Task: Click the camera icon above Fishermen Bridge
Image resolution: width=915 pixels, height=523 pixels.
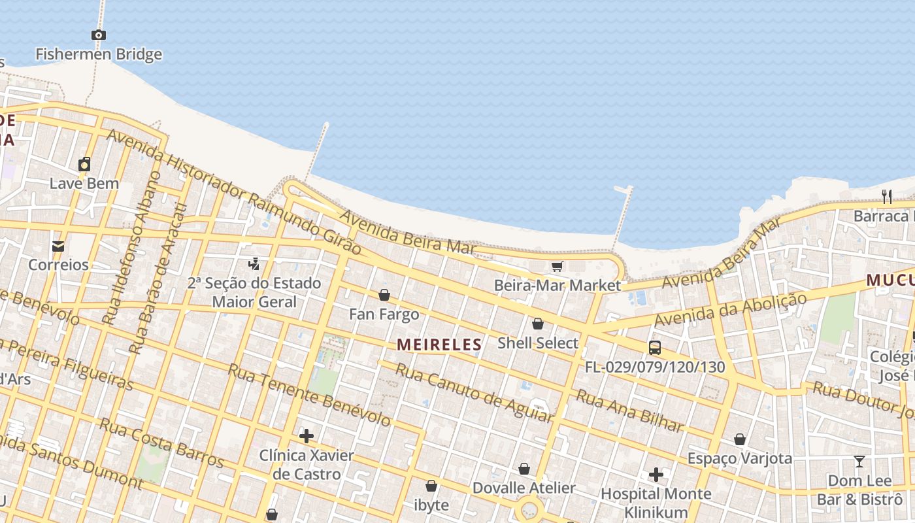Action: [x=99, y=35]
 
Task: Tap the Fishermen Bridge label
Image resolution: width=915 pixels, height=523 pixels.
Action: [x=99, y=54]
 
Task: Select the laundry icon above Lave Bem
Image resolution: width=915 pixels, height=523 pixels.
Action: [x=84, y=164]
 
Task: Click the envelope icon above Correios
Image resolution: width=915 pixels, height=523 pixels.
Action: [x=58, y=246]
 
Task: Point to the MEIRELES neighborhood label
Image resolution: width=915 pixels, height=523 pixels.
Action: [x=439, y=345]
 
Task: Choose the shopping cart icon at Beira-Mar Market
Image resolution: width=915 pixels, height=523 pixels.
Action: [x=557, y=266]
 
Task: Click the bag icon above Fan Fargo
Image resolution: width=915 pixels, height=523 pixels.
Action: [x=384, y=295]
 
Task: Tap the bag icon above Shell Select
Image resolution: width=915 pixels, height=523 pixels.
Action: [x=537, y=324]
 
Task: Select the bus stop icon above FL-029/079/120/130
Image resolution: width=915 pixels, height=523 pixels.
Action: [x=655, y=347]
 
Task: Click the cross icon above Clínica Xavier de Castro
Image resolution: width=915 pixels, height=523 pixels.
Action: [x=307, y=435]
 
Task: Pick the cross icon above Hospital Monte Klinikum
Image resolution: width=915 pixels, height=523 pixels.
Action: [x=656, y=474]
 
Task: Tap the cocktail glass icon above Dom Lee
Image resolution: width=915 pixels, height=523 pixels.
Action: [x=859, y=462]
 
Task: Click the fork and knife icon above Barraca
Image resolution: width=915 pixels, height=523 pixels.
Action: [x=887, y=196]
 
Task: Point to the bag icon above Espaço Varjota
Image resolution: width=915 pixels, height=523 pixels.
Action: [x=740, y=439]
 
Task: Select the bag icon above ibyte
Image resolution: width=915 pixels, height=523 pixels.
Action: [x=431, y=486]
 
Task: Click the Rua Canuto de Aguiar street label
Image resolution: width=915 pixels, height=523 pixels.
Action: [x=474, y=392]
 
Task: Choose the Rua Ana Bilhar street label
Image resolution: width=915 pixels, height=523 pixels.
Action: [x=629, y=411]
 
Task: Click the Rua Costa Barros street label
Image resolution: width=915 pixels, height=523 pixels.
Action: [x=161, y=443]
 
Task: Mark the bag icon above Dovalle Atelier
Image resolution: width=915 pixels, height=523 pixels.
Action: [x=524, y=469]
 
